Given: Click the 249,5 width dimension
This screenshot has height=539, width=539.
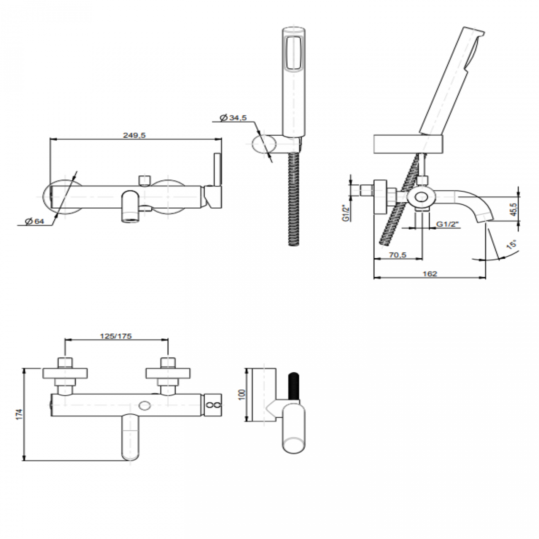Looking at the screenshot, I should pyautogui.click(x=134, y=135).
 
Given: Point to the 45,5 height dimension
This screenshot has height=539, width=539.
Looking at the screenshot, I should pyautogui.click(x=514, y=209).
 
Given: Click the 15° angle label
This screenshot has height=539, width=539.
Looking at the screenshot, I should pyautogui.click(x=512, y=244).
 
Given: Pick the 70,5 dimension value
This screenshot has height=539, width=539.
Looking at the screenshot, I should pyautogui.click(x=398, y=255).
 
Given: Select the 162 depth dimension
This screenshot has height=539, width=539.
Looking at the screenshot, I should pyautogui.click(x=430, y=273).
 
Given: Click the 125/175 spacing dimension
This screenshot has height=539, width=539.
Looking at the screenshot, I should pyautogui.click(x=116, y=336).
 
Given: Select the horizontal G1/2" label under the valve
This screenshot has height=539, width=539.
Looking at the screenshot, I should pyautogui.click(x=448, y=224).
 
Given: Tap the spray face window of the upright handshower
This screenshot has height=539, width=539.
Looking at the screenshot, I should pyautogui.click(x=294, y=53).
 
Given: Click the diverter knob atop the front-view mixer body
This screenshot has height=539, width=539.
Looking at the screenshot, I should pyautogui.click(x=144, y=180).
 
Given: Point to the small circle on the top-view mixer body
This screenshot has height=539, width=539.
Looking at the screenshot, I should pyautogui.click(x=145, y=405).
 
